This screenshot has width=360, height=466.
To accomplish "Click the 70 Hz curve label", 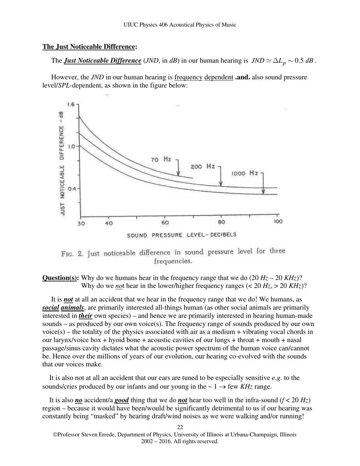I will coord(161,160).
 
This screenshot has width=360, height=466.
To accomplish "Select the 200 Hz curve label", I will coord(203,167).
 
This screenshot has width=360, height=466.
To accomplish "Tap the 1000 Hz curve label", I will coord(244,173).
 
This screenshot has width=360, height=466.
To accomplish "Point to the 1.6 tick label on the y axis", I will coord(70,104).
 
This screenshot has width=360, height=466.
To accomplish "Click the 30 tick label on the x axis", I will coord(81,223).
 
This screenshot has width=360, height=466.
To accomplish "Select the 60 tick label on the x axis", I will coord(165,222).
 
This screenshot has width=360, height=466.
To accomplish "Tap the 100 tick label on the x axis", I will coord(278,222).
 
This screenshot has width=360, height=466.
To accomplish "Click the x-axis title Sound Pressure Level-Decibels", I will coord(182,235).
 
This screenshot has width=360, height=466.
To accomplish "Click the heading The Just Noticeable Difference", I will coord(89,47).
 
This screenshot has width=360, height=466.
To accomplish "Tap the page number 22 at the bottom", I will coord(180,427).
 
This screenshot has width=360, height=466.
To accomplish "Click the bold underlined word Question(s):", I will coord(61,278).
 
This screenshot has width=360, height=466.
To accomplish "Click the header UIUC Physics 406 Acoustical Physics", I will coord(180,25).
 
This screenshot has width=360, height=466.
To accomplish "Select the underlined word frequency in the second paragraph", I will coord(188,77).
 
